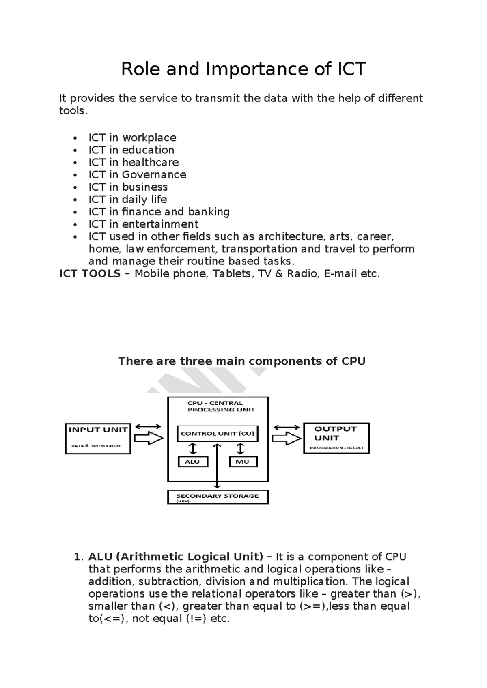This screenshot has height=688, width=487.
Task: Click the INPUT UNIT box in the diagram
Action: (98, 439)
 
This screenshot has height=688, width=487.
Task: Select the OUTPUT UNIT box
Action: (336, 438)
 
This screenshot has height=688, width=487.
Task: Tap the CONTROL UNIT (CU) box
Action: (218, 434)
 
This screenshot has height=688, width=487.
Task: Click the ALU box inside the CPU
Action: (193, 462)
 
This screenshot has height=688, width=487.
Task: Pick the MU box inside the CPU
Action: (243, 462)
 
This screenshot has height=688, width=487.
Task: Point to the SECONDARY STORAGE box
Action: (218, 497)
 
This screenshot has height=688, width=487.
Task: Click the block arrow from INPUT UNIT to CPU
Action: (148, 438)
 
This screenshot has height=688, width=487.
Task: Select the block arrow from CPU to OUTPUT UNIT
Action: (287, 438)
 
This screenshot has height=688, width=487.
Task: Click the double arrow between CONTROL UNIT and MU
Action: (241, 449)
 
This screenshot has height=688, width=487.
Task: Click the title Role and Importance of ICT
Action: (243, 69)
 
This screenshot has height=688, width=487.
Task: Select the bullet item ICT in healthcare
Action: (134, 162)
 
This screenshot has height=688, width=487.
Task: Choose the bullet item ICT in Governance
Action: (137, 175)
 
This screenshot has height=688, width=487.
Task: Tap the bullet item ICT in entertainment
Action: (143, 224)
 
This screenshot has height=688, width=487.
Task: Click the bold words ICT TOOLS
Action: (90, 274)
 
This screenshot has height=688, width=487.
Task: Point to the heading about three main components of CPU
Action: (242, 361)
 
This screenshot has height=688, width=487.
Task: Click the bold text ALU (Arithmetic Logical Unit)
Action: (176, 557)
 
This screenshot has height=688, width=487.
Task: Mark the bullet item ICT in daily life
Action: (127, 200)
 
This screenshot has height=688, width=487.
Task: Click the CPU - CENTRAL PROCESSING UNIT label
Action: (221, 406)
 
